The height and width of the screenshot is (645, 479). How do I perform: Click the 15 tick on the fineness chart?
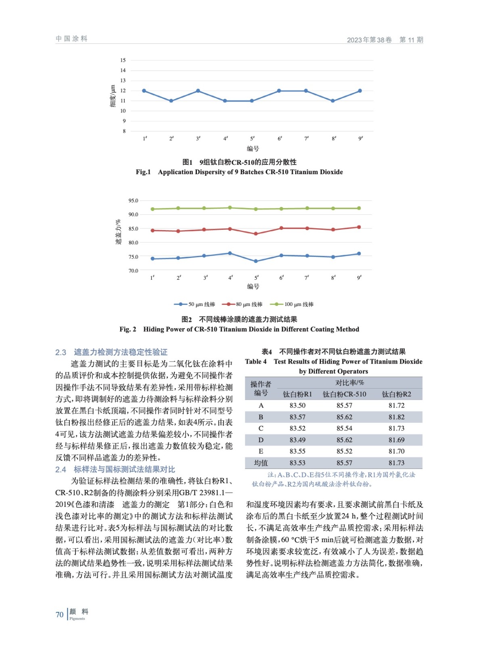[x=123, y=60]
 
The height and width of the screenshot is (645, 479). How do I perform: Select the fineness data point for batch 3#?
[x=198, y=91]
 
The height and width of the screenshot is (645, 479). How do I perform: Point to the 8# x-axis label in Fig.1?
[x=334, y=139]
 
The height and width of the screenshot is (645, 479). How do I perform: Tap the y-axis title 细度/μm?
[x=113, y=96]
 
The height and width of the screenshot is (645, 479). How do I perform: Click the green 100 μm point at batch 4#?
[x=230, y=208]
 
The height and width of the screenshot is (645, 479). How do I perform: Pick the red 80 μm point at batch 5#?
[x=256, y=234]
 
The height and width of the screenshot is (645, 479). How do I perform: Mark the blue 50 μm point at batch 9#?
[x=359, y=254]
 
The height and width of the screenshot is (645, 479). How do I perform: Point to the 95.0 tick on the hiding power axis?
[x=133, y=200]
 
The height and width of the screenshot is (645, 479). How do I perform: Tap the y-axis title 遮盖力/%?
[x=118, y=232]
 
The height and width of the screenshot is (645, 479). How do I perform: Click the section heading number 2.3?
[x=61, y=352]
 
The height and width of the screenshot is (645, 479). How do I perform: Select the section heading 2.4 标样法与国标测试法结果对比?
[x=115, y=469]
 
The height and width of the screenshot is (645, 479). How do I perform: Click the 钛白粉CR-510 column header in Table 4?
[x=344, y=394]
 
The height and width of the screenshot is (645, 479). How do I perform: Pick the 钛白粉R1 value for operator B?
[x=297, y=417]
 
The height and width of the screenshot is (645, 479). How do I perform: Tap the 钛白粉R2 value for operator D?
[x=396, y=440]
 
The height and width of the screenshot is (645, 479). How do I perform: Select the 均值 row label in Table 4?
[x=261, y=463]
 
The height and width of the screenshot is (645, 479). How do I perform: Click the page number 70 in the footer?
[x=59, y=615]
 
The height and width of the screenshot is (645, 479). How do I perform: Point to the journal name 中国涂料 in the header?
[x=71, y=39]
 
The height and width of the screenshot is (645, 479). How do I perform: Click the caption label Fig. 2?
[x=128, y=329]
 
